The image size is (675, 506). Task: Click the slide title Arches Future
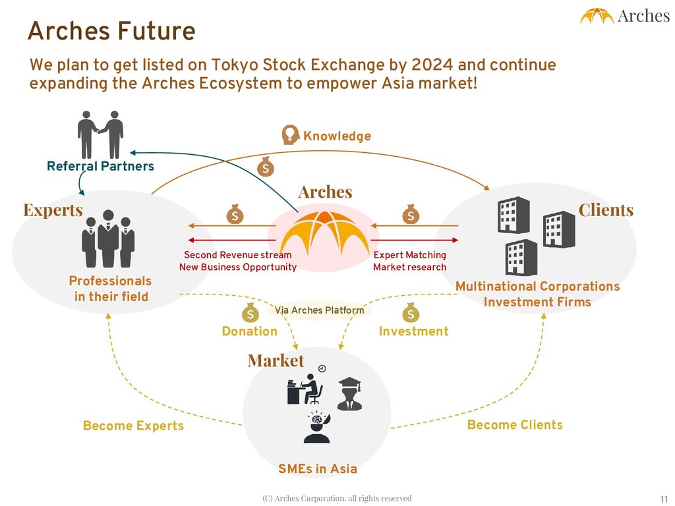point(111,31)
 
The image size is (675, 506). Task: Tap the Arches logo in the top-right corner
point(624,16)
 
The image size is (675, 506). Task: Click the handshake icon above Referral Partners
point(100,134)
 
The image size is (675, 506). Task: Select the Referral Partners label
point(100,166)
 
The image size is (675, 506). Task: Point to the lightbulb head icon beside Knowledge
point(290,134)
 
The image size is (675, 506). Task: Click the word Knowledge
point(337,136)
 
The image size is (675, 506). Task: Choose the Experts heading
point(53,210)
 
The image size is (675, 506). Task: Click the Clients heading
point(606,210)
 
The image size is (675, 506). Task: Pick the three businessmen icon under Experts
point(108,239)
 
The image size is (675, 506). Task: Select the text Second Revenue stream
point(237,255)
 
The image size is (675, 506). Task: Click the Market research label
point(409,267)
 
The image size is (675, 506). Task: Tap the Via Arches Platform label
point(319,310)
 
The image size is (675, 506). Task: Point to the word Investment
point(413,331)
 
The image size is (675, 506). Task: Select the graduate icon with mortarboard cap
point(349,393)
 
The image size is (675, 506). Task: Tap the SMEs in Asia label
point(318,469)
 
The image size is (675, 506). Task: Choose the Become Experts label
point(133,426)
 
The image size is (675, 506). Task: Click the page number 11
point(664,498)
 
